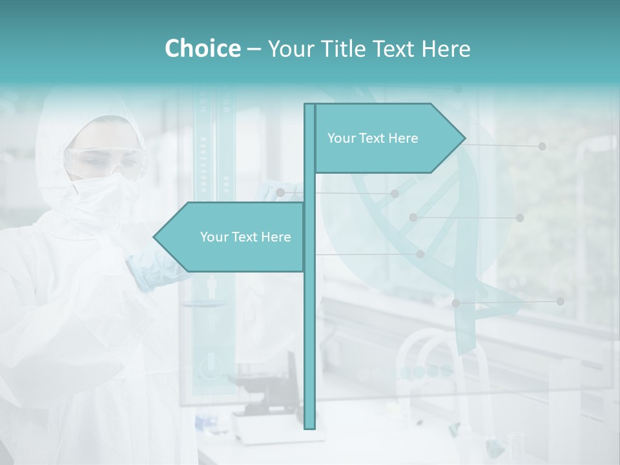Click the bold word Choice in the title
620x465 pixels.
click(202, 49)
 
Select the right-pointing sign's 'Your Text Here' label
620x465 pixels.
click(373, 138)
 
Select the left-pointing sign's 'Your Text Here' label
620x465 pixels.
click(245, 237)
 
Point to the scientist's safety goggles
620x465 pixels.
click(107, 161)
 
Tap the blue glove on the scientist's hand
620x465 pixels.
click(152, 268)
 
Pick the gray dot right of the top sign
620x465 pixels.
click(542, 147)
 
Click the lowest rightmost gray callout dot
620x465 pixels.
click(560, 301)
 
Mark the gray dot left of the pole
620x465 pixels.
click(280, 192)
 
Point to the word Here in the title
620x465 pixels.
click(446, 49)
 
